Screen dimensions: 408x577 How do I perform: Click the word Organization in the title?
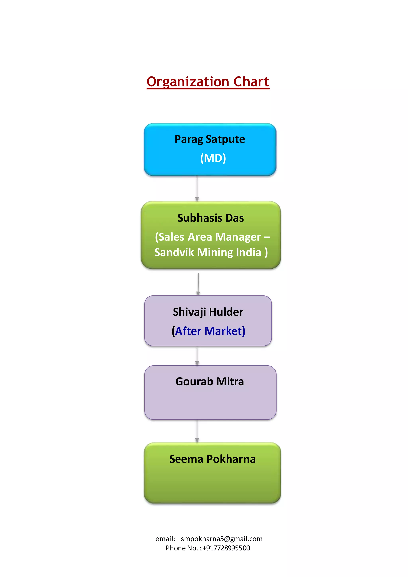[x=188, y=82]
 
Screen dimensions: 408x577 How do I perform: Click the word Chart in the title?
[x=251, y=82]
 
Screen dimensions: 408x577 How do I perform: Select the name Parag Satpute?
[x=210, y=139]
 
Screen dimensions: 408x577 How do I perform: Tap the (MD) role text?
[x=213, y=158]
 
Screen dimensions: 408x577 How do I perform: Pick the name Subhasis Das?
[x=211, y=218]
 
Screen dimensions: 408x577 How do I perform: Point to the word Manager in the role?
[x=238, y=237]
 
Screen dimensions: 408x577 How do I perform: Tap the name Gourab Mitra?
[x=210, y=382]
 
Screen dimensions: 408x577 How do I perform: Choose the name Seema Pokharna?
[x=212, y=459]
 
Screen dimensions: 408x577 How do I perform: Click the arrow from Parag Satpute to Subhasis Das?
[x=197, y=188]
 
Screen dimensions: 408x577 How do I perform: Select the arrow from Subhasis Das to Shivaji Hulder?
[x=198, y=284]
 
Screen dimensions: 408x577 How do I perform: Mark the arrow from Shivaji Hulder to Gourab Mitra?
[x=197, y=356]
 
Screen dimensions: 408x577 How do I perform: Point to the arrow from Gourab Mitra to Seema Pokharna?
[x=197, y=431]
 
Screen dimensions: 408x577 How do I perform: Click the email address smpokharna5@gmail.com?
[x=222, y=539]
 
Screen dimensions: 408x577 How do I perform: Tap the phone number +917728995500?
[x=226, y=548]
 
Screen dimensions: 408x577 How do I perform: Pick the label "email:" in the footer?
[x=165, y=539]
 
